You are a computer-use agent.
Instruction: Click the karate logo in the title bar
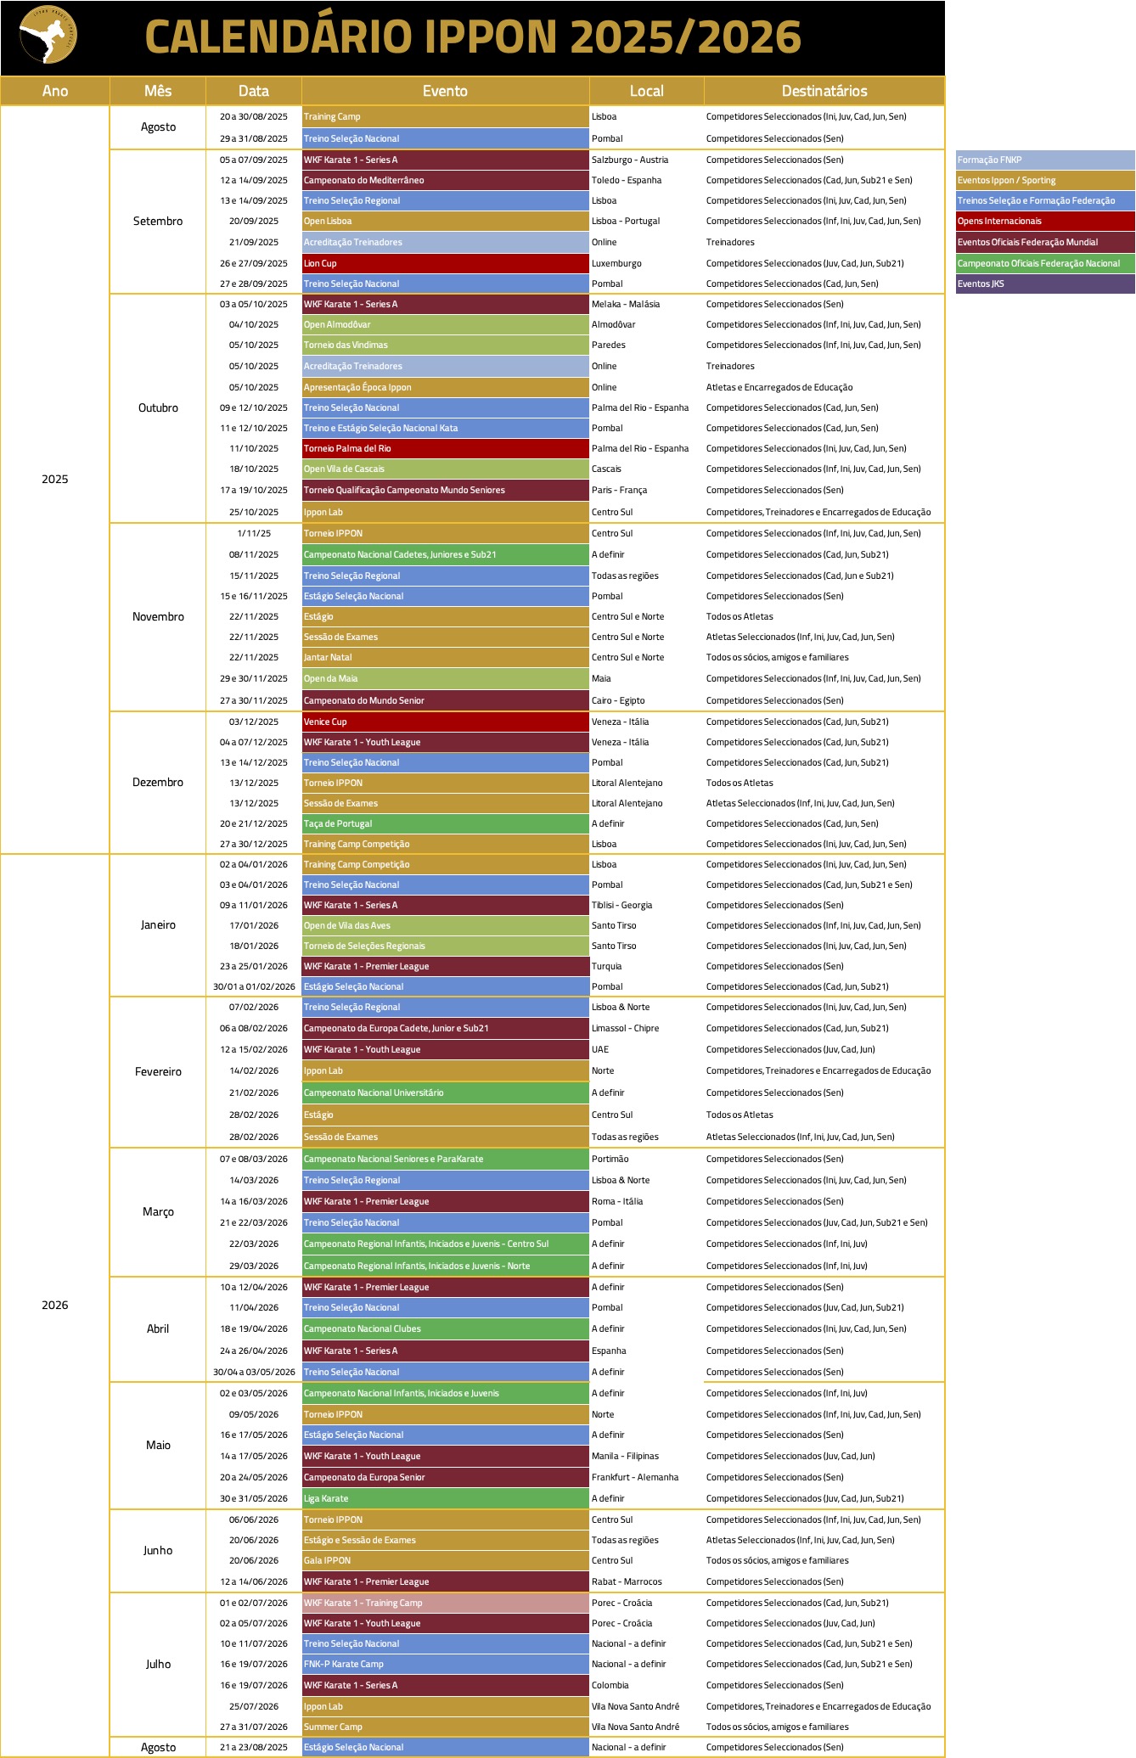[x=48, y=36]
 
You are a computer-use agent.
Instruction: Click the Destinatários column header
[x=824, y=91]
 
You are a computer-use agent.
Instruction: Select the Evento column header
[x=445, y=91]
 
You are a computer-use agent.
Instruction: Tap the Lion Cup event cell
[x=445, y=263]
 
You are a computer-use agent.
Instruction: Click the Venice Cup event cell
[x=445, y=722]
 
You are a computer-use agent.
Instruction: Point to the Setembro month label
[x=158, y=222]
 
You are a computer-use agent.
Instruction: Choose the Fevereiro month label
[x=158, y=1072]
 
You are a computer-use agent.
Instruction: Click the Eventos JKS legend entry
[x=1044, y=284]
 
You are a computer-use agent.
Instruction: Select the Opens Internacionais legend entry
[x=1044, y=222]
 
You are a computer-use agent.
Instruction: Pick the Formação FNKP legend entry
[x=1044, y=160]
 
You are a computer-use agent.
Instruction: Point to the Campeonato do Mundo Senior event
[x=445, y=700]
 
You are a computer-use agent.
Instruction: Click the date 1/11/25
[x=254, y=533]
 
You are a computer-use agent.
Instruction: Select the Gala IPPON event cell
[x=445, y=1560]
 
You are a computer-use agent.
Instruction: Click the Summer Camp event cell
[x=445, y=1727]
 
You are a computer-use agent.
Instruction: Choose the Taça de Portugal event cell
[x=445, y=823]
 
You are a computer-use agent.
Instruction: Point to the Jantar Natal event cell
[x=445, y=657]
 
